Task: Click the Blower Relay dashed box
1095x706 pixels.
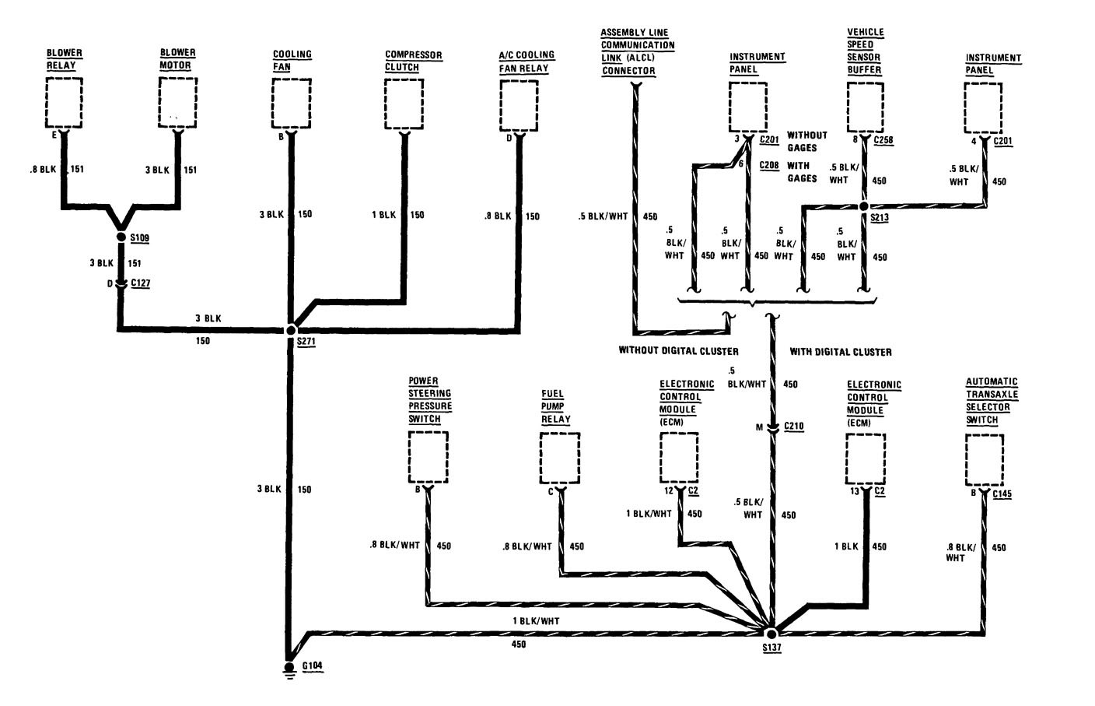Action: pyautogui.click(x=65, y=104)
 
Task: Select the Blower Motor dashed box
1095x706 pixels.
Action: pyautogui.click(x=178, y=104)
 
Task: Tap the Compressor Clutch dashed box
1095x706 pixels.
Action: pyautogui.click(x=404, y=104)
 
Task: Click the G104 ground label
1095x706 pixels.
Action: pyautogui.click(x=311, y=666)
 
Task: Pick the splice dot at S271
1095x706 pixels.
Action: pyautogui.click(x=291, y=330)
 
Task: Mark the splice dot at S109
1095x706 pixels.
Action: pyautogui.click(x=121, y=237)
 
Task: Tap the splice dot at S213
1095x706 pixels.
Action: pyautogui.click(x=864, y=206)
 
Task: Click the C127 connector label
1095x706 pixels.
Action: pyautogui.click(x=141, y=283)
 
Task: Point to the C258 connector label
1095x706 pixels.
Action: pyautogui.click(x=884, y=140)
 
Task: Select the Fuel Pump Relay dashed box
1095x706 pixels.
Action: pyautogui.click(x=560, y=458)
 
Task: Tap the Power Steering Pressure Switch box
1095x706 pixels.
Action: pyautogui.click(x=428, y=456)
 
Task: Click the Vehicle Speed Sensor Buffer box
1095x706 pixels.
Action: pyautogui.click(x=865, y=107)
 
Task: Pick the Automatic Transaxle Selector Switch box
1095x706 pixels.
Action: pyautogui.click(x=984, y=459)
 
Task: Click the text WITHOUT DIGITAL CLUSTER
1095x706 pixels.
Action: pyautogui.click(x=678, y=350)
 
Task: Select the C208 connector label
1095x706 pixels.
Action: pyautogui.click(x=769, y=165)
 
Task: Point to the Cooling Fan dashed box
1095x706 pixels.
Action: pyautogui.click(x=292, y=104)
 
